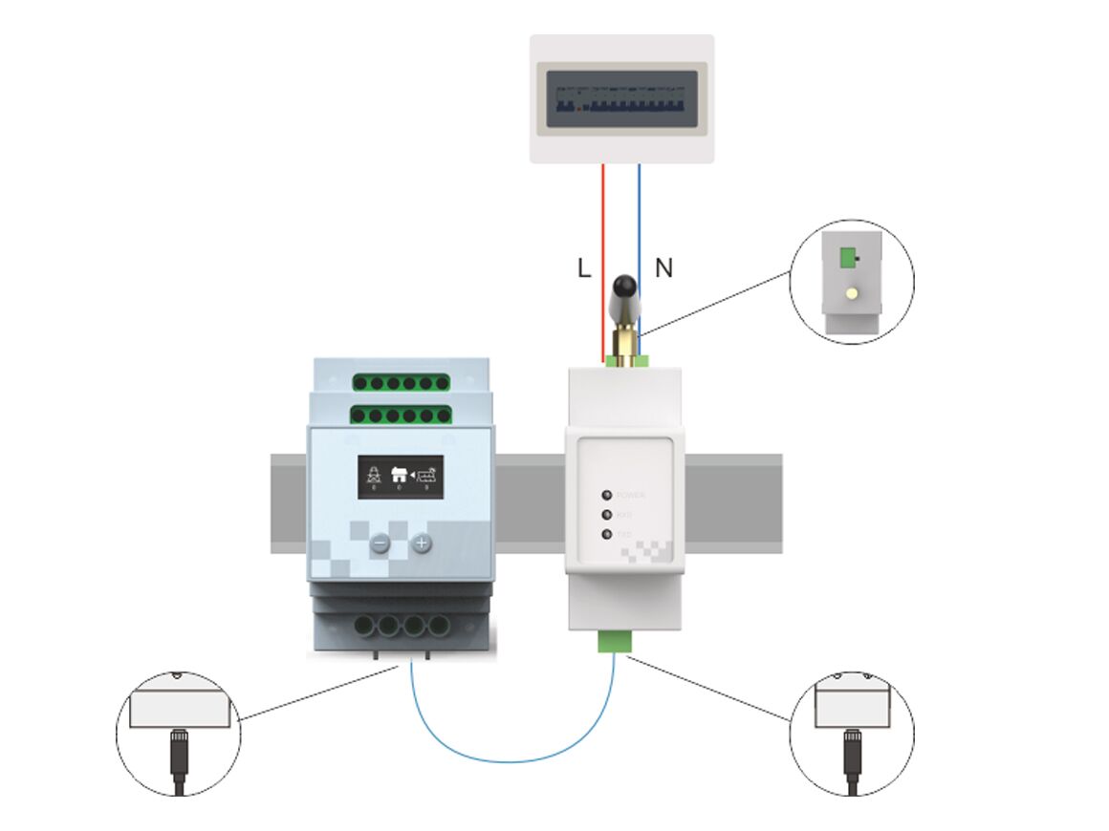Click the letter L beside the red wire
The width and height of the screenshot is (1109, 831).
click(x=584, y=269)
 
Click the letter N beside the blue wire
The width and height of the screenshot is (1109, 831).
click(x=663, y=269)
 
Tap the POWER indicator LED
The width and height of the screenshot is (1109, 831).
click(x=606, y=495)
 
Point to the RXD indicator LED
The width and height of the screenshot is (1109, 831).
click(x=606, y=515)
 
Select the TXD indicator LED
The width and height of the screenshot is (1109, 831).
click(x=606, y=534)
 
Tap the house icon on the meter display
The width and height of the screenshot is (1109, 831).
click(x=400, y=472)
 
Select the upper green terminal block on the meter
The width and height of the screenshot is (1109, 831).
click(x=401, y=383)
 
